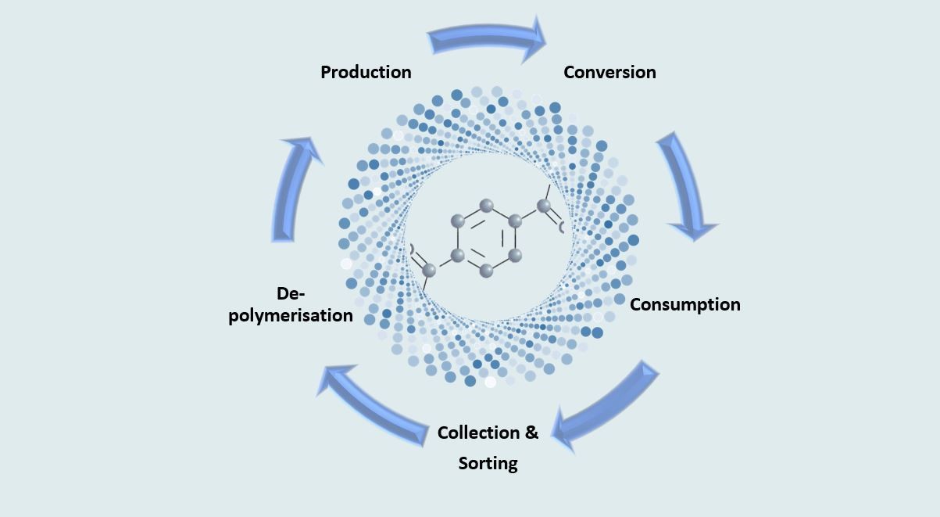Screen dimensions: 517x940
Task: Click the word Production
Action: click(x=366, y=72)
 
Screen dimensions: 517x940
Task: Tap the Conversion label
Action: click(x=609, y=72)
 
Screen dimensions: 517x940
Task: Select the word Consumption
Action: click(x=684, y=304)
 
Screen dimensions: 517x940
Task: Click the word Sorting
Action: click(x=488, y=463)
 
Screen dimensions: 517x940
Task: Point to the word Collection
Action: click(x=477, y=433)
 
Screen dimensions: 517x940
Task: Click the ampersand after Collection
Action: click(x=531, y=433)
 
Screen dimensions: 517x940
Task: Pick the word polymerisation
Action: click(x=291, y=315)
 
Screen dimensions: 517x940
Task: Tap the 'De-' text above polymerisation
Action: click(x=291, y=293)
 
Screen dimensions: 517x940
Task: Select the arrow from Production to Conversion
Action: click(x=487, y=38)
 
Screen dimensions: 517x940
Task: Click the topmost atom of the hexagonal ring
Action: click(x=486, y=206)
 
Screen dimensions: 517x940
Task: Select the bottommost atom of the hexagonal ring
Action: click(x=486, y=271)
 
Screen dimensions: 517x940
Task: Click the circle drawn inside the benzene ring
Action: click(x=486, y=238)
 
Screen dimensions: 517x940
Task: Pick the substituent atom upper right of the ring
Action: click(x=543, y=206)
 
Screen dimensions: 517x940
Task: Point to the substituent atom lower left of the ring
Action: click(x=429, y=270)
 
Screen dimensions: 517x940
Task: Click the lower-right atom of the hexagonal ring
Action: click(x=514, y=254)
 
